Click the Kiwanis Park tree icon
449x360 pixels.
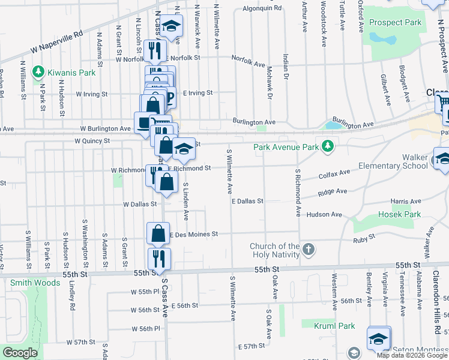(39, 73)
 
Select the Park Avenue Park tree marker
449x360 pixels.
(328, 146)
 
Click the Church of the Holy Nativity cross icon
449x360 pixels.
(308, 250)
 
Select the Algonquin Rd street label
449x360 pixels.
(262, 8)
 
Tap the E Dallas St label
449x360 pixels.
(248, 201)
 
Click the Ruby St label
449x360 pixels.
(364, 238)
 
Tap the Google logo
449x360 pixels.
(20, 353)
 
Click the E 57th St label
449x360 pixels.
(251, 347)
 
